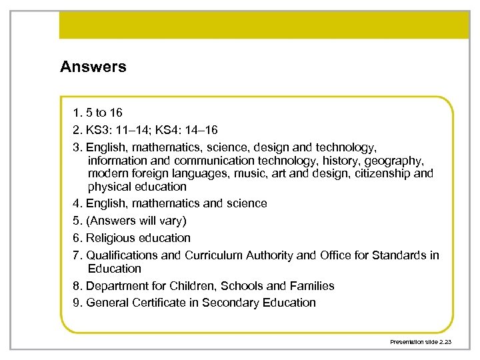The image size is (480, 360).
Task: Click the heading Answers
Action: [93, 67]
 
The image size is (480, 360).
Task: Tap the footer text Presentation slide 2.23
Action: [421, 341]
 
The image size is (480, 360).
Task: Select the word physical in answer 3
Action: [109, 187]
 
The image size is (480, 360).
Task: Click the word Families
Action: [310, 285]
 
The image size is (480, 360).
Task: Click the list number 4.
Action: [77, 203]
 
